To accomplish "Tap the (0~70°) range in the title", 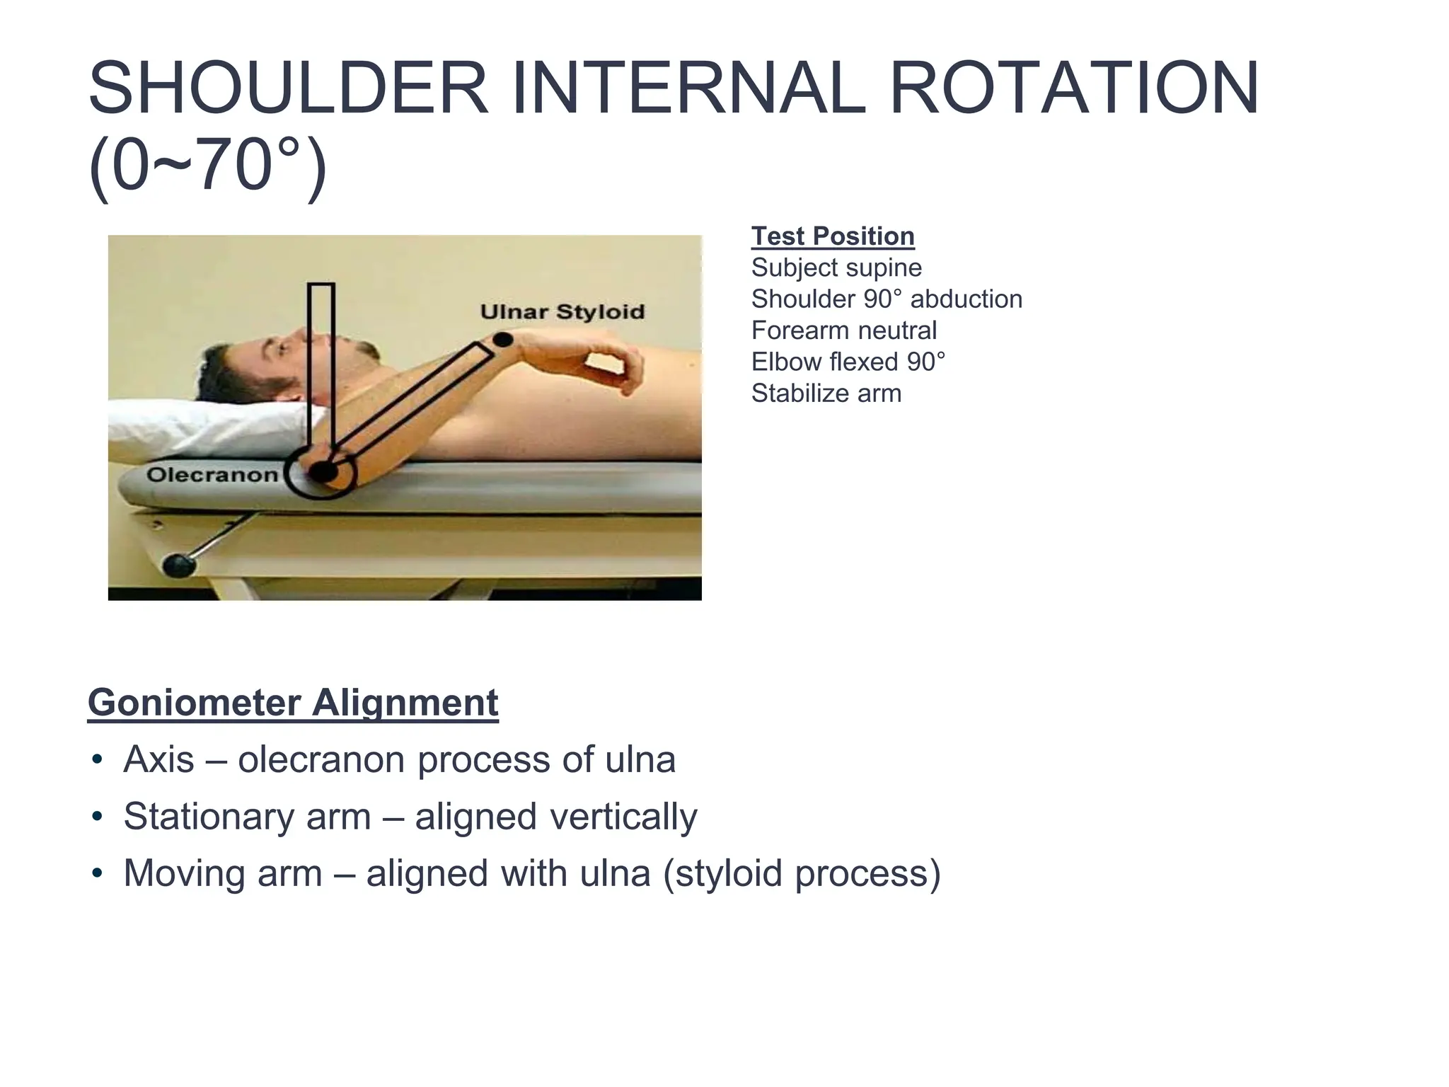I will point(207,166).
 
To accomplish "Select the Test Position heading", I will point(832,236).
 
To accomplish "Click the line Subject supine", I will point(836,268).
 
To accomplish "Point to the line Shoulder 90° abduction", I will point(887,299).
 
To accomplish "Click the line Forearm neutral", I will point(843,330).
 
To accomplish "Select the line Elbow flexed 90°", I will point(848,362).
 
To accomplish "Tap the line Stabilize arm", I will point(826,393).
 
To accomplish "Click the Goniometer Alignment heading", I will point(293,703).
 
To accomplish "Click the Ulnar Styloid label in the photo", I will point(562,312).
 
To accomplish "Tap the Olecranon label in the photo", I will point(212,475).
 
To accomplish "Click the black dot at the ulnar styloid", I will point(502,340).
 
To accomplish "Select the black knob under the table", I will point(180,565).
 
